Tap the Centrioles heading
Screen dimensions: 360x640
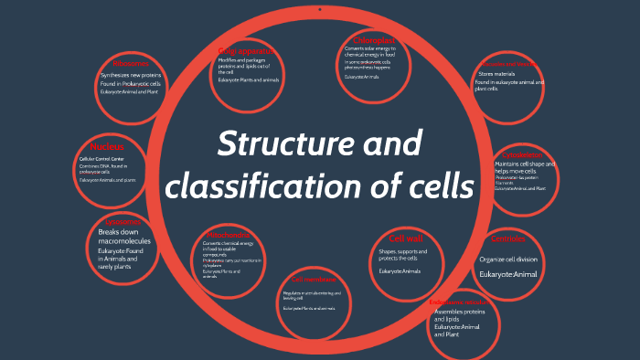point(509,239)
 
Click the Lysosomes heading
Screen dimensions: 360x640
point(123,222)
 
